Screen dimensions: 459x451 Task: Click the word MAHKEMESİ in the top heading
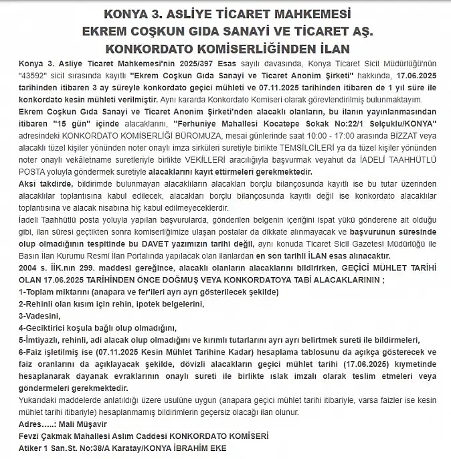(x=304, y=14)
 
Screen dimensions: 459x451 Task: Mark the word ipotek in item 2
(x=136, y=304)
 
